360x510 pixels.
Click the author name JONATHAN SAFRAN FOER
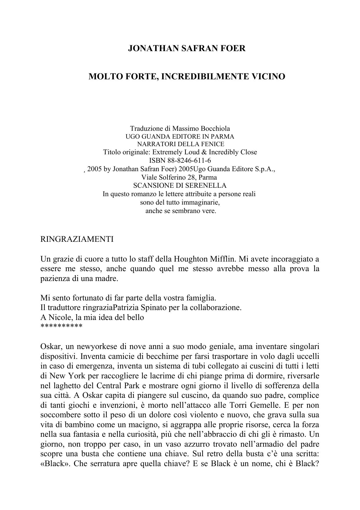tap(187, 48)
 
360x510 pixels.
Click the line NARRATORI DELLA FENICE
tap(180, 144)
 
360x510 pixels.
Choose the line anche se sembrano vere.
tap(181, 211)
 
